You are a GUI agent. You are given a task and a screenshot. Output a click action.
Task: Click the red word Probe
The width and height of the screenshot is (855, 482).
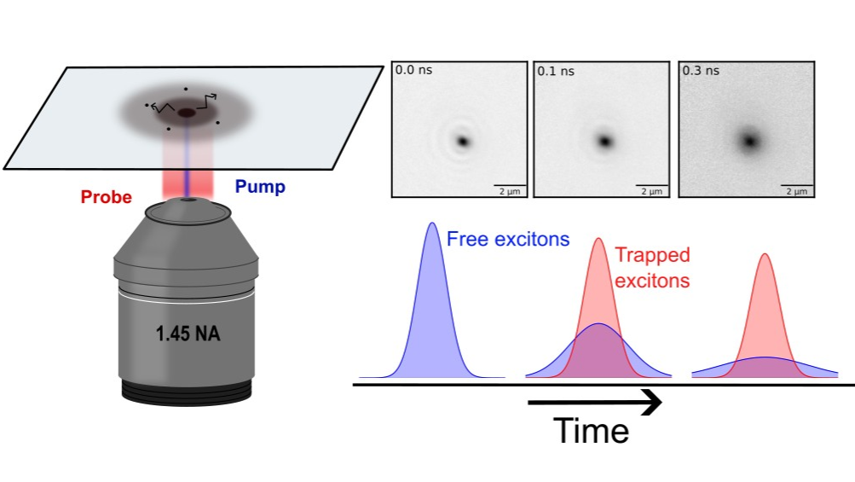coord(107,197)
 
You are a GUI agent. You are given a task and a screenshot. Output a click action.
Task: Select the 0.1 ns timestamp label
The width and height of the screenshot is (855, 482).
coord(556,71)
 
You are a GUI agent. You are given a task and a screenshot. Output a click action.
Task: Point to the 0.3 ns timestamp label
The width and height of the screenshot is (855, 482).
coord(701,71)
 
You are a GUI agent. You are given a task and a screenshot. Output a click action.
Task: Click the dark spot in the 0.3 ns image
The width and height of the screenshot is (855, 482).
coord(750,140)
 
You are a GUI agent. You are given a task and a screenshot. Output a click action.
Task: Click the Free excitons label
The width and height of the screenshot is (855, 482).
coord(508,240)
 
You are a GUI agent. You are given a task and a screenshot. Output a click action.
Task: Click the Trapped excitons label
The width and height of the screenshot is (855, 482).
coord(652,267)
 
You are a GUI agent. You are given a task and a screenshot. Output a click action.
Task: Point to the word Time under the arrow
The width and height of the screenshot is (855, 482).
coord(592,431)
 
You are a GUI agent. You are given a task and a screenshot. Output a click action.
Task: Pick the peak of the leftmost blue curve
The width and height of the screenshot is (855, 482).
coord(432,224)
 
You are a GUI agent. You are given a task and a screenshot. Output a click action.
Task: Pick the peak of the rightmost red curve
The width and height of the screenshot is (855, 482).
coord(765,254)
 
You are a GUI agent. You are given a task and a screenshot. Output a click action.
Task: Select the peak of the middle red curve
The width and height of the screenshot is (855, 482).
coord(599,239)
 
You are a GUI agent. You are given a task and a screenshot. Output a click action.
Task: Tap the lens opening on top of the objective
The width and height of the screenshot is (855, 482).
coord(188,200)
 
